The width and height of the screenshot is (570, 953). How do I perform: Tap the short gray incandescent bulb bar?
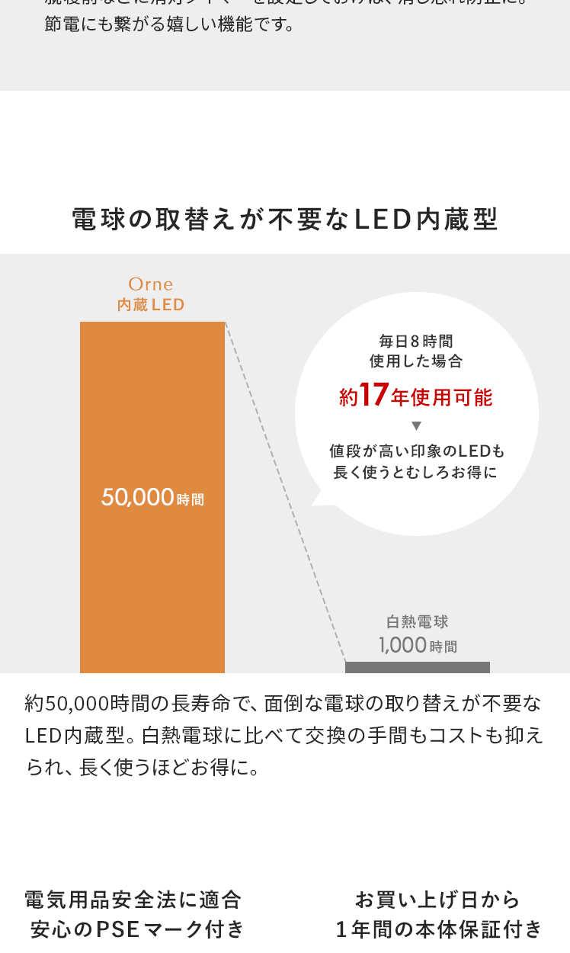[417, 667]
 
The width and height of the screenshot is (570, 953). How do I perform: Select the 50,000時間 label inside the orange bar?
[152, 498]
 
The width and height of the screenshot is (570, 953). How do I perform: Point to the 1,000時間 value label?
[418, 646]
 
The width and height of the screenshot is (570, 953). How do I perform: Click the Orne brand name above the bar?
[151, 284]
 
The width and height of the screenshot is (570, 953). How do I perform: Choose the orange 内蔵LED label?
[151, 305]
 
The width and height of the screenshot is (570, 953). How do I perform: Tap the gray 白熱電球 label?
[418, 622]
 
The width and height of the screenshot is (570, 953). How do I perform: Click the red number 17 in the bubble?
[373, 396]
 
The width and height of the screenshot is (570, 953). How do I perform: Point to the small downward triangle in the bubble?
[416, 425]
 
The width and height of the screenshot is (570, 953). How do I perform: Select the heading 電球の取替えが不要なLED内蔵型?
[285, 220]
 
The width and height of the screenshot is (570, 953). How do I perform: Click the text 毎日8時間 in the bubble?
[416, 341]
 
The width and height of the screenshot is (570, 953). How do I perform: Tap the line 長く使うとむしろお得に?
[416, 472]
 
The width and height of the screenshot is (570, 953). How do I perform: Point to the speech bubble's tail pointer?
[320, 499]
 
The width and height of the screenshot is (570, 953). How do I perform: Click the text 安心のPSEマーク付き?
[137, 929]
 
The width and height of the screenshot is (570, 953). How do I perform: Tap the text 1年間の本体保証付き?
[439, 929]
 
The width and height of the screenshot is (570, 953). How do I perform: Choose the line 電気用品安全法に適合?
[133, 900]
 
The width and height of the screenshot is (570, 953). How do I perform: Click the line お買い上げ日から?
[437, 900]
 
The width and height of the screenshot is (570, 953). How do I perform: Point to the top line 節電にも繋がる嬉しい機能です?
[169, 25]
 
